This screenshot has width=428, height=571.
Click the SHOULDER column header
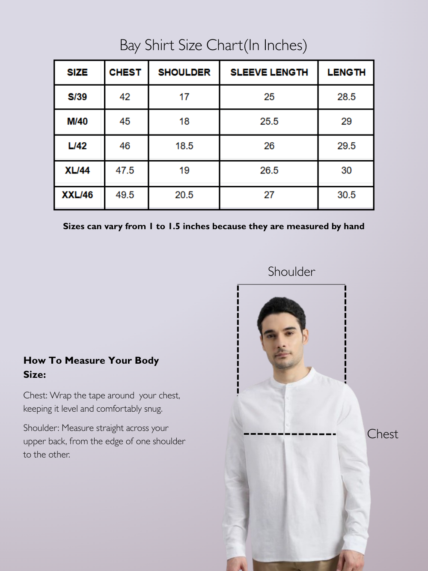click(184, 72)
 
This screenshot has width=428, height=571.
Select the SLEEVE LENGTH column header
click(269, 72)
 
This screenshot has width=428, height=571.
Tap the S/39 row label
click(77, 97)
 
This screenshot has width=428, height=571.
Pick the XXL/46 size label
click(77, 195)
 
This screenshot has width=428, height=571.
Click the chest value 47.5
click(125, 170)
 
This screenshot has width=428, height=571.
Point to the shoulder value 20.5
click(184, 195)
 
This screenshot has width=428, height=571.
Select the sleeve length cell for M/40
click(269, 122)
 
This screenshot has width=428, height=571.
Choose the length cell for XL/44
click(346, 170)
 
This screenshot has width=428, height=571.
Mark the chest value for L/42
click(125, 146)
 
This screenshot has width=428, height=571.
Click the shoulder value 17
click(184, 97)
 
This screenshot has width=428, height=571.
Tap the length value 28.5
click(346, 97)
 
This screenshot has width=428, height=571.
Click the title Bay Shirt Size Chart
click(213, 45)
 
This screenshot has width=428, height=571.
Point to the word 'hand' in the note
click(354, 226)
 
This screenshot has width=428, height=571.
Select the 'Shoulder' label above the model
click(291, 272)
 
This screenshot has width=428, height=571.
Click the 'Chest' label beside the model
click(383, 434)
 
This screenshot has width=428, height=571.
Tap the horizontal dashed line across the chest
click(290, 434)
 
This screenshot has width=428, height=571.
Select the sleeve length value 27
click(269, 195)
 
